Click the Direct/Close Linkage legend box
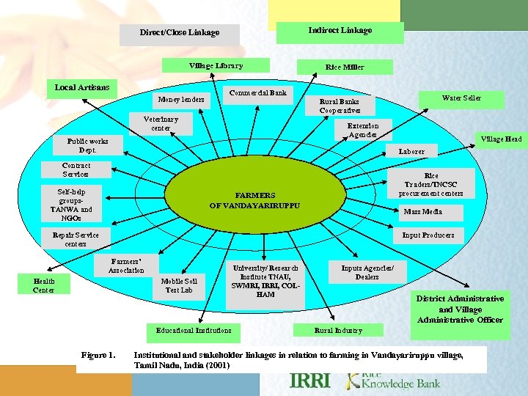coord(180,33)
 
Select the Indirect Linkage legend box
coord(340,31)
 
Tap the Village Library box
coord(216,66)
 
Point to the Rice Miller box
coord(344,67)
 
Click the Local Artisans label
coord(82,88)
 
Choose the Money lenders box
coord(181,99)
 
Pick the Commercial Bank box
coord(257,94)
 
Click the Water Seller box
coord(461,98)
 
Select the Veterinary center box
coord(161,123)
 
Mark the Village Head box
coord(501,139)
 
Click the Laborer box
coord(411,152)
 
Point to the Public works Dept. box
coord(87,145)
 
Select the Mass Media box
coord(423,211)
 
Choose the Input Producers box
coord(428,235)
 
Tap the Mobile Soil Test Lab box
coord(180,285)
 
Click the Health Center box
coord(43,285)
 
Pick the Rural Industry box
coord(338,331)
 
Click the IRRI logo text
coord(310,381)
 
